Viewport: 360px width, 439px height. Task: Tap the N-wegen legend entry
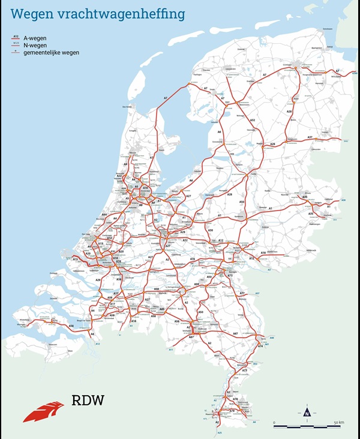tap(34, 45)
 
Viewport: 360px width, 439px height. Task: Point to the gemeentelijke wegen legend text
tap(51, 53)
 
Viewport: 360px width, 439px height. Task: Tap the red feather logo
tap(43, 411)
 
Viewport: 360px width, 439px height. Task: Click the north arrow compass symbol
tap(307, 412)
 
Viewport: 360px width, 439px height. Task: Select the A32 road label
tap(253, 121)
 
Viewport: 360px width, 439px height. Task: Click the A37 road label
tap(310, 137)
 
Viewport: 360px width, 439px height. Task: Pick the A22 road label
tap(119, 176)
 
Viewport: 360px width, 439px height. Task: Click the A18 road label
tap(263, 252)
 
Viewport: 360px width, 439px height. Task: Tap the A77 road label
tap(242, 293)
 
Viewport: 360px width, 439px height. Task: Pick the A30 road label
tap(210, 230)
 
